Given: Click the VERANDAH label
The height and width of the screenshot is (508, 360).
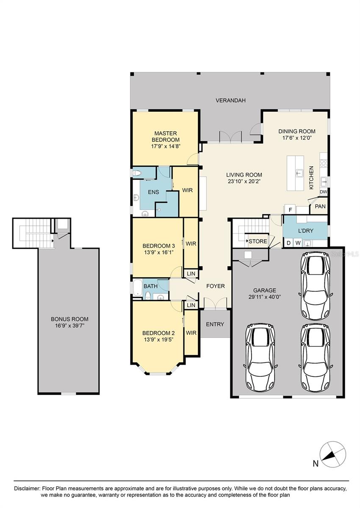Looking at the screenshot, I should tap(230, 100).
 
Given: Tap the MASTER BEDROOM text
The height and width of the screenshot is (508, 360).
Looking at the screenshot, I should tap(165, 136).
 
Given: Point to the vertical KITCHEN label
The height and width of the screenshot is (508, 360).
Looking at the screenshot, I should tap(311, 177).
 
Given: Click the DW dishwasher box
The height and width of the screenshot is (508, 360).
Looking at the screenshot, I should tap(323, 192).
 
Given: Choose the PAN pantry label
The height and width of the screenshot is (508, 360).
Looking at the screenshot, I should tap(320, 207).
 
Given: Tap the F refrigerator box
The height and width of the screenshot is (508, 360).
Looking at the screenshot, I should tap(290, 209).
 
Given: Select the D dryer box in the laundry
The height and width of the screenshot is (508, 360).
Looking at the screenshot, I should tap(289, 243).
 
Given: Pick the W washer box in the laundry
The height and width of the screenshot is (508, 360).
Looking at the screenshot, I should tap(298, 243).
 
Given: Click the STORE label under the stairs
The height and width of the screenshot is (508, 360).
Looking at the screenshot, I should tap(258, 242).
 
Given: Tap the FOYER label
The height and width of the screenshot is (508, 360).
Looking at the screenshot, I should tap(215, 286).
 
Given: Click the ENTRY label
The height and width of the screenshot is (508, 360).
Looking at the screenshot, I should tap(215, 324).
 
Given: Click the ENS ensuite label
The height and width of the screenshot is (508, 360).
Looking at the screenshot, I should tap(153, 192).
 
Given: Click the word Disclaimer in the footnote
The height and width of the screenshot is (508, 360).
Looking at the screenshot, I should tap(26, 488).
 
